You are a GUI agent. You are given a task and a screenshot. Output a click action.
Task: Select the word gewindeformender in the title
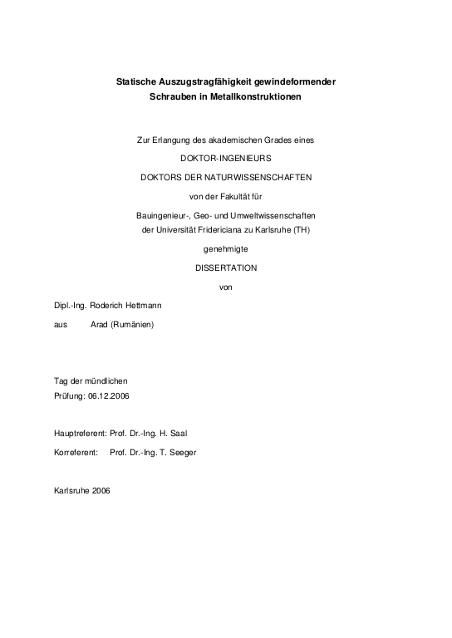[297, 81]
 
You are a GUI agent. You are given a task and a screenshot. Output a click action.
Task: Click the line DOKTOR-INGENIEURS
[225, 157]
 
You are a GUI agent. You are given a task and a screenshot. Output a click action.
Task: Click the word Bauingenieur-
[162, 215]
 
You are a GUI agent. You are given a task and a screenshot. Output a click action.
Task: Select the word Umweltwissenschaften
[274, 215]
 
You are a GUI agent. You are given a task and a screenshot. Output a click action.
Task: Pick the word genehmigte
[225, 248]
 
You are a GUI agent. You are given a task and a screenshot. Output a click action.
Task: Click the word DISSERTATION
[226, 267]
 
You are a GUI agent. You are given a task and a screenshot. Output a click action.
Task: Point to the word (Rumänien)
[133, 325]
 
